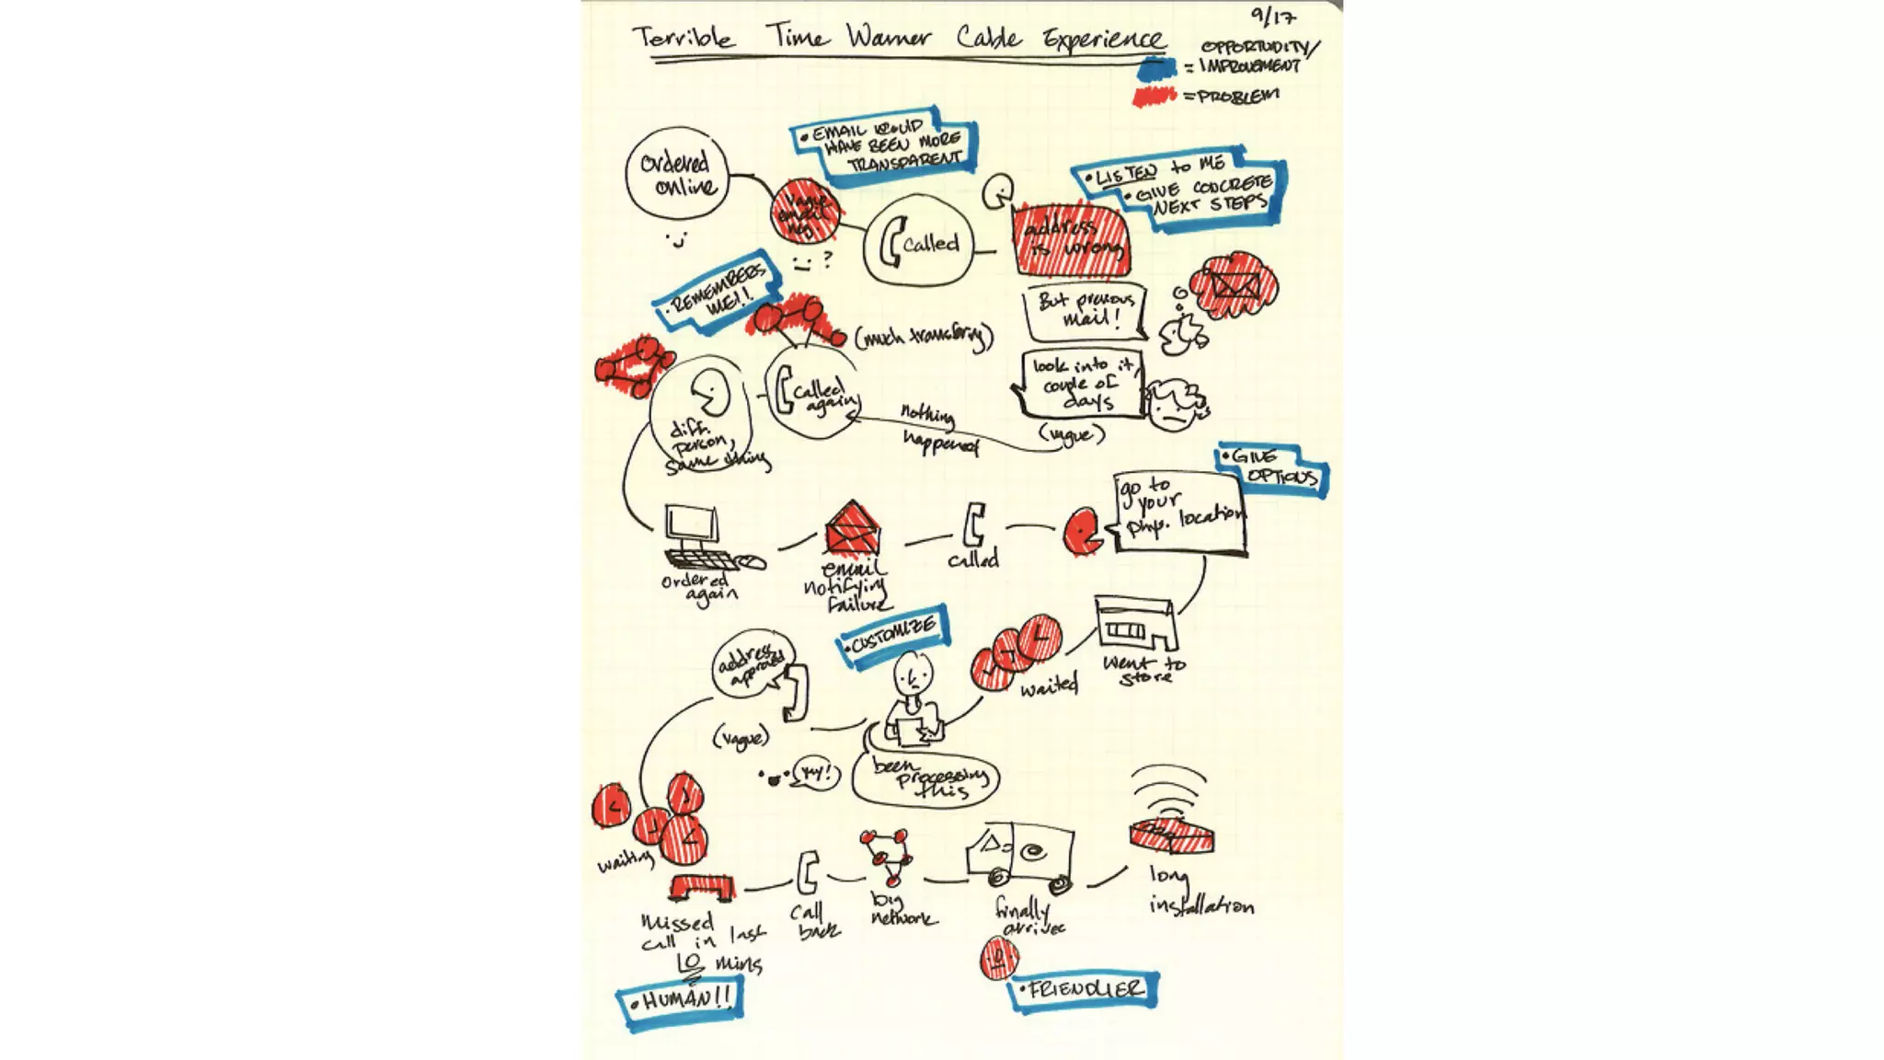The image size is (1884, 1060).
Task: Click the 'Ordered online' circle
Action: [676, 174]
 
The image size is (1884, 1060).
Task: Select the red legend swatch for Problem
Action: [1155, 96]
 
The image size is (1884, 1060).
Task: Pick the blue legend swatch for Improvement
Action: [1156, 68]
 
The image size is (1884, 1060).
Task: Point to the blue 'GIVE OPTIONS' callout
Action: [1274, 469]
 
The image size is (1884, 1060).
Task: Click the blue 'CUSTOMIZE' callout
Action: [893, 635]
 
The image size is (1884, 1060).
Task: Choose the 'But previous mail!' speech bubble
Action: [1085, 311]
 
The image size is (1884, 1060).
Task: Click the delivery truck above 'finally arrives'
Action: [1019, 857]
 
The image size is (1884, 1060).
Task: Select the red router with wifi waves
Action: [1170, 835]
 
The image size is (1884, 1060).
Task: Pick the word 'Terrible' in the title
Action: [684, 38]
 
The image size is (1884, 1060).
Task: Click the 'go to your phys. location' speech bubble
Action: [1179, 514]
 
